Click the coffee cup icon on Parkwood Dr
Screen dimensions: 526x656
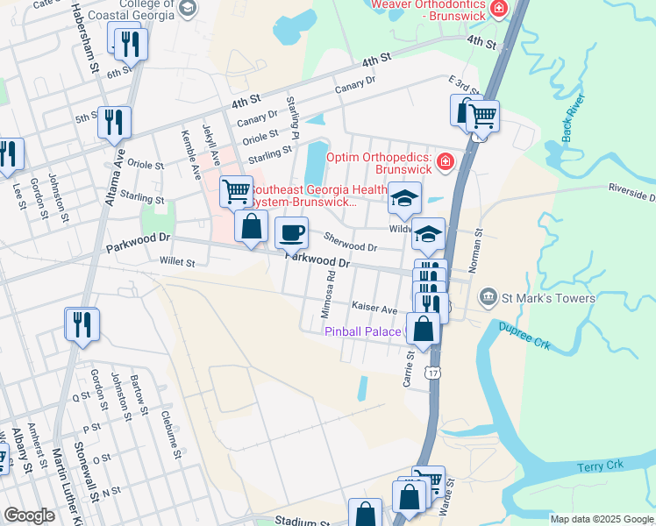pos(291,233)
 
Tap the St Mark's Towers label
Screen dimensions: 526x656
pos(548,298)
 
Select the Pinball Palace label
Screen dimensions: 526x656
pos(362,331)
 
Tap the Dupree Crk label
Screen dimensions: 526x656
pos(524,335)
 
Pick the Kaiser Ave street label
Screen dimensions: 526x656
pos(374,308)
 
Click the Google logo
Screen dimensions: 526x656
pos(29,515)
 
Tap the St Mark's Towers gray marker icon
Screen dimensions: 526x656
pos(488,298)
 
